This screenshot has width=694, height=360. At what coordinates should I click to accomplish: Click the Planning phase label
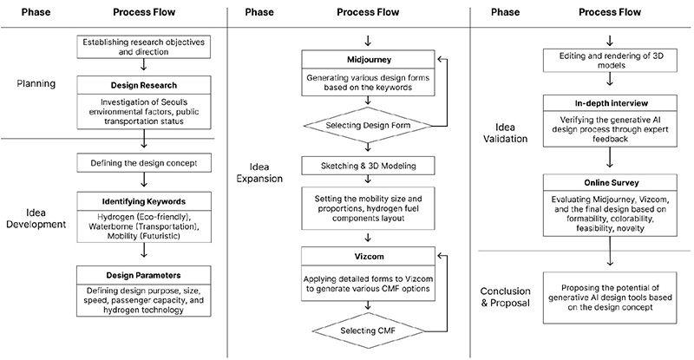pos(36,84)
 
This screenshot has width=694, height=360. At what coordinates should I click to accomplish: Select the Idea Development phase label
pos(36,217)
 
